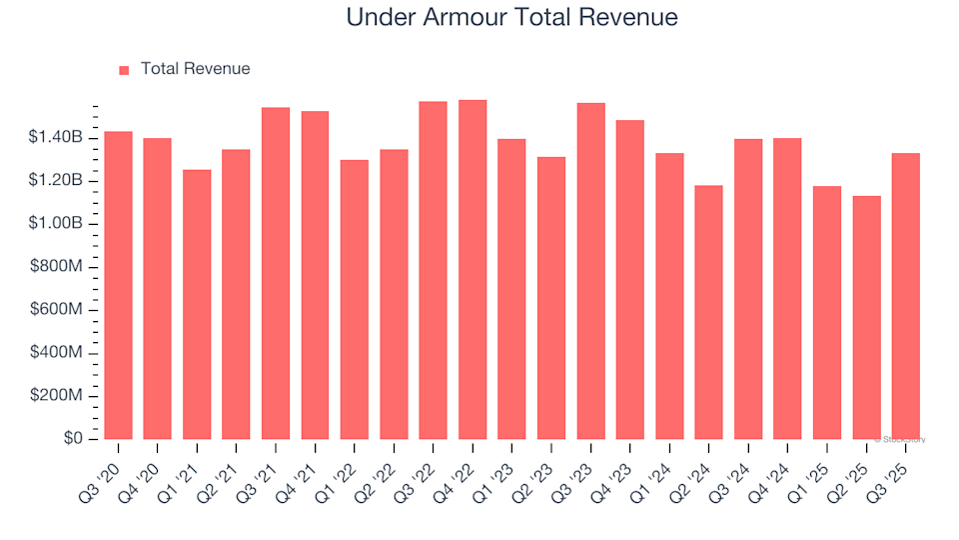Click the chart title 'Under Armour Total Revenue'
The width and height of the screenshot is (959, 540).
pos(511,17)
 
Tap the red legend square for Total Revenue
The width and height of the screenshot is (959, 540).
pos(124,70)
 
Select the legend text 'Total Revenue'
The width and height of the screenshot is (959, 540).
pos(195,69)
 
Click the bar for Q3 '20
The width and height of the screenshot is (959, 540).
pos(118,285)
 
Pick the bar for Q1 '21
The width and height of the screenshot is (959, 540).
pos(197,305)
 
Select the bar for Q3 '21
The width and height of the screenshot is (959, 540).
pos(276,273)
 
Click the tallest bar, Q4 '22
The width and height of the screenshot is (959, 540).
pos(473,270)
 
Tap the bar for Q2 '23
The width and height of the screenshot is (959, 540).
pos(551,298)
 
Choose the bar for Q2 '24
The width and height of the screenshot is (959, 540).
pos(709,312)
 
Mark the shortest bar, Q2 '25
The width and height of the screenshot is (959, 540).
pos(866,317)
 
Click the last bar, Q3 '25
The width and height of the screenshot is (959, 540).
pos(906,296)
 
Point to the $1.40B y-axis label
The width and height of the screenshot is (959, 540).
pos(58,137)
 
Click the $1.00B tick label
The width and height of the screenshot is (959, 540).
pos(58,223)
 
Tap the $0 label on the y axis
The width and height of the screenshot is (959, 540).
pos(74,439)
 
